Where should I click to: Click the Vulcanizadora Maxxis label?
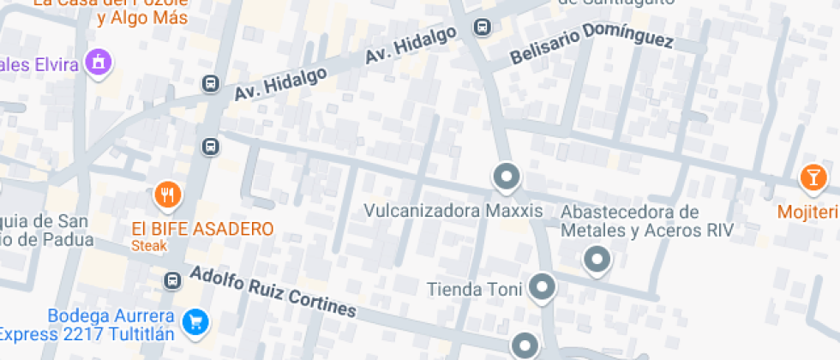(x=453, y=210)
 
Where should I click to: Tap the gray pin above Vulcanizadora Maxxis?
(x=507, y=177)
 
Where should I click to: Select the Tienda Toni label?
(x=474, y=289)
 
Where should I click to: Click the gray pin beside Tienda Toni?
(x=541, y=288)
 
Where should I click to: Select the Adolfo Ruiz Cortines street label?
(x=272, y=291)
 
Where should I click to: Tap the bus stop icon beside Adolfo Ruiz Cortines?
(x=173, y=279)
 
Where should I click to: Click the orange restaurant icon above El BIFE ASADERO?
(x=169, y=196)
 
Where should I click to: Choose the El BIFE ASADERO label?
(x=202, y=229)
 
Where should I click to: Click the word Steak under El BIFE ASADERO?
(x=148, y=246)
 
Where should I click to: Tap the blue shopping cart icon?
(x=197, y=322)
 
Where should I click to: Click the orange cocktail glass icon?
(x=810, y=177)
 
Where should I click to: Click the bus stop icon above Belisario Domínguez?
(x=483, y=27)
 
